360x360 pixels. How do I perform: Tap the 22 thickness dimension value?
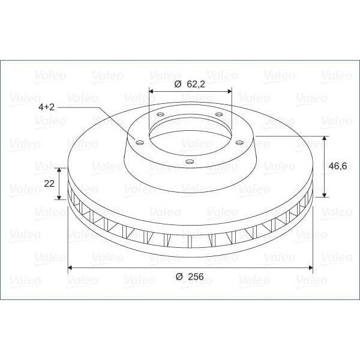[50, 183]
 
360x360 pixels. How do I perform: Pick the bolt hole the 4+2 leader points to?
[139, 143]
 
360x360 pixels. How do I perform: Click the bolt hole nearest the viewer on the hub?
[190, 161]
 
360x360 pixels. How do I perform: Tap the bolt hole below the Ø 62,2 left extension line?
[160, 114]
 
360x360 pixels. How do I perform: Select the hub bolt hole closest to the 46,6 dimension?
[239, 142]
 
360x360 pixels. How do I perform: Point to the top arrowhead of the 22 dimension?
[60, 170]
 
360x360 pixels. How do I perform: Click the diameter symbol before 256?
[179, 277]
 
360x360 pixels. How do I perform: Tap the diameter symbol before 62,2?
[178, 85]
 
